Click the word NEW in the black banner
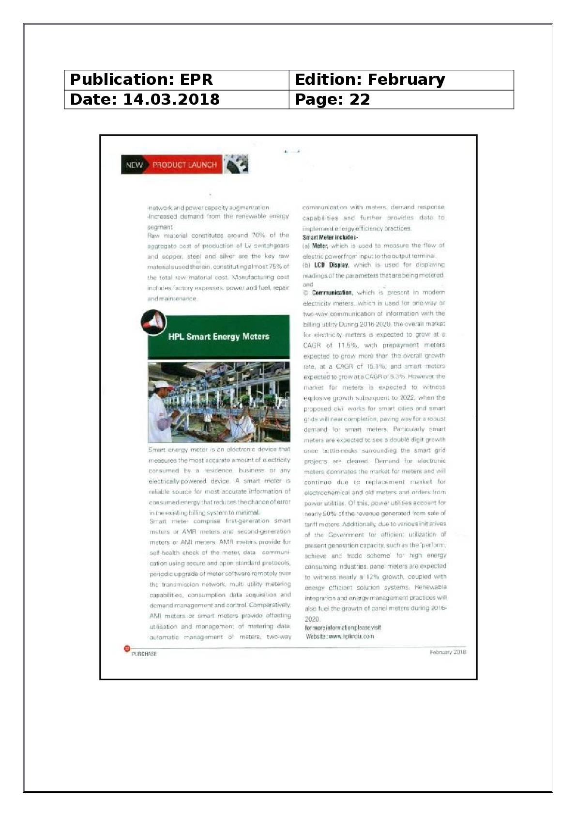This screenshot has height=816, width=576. [134, 165]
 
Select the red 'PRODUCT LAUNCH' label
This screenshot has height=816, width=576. [184, 165]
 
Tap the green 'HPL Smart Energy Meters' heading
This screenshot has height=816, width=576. [218, 336]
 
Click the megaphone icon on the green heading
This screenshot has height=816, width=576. [153, 322]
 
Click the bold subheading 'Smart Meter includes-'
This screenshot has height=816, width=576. [330, 237]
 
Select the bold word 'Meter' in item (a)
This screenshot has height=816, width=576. [319, 246]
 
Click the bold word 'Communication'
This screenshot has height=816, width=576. [332, 293]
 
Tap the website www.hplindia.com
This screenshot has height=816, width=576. [351, 636]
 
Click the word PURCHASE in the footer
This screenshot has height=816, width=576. [144, 654]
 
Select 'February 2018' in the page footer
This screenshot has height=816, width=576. [448, 652]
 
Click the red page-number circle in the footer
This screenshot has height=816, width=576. [127, 648]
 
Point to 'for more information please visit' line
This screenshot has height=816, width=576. [343, 628]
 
